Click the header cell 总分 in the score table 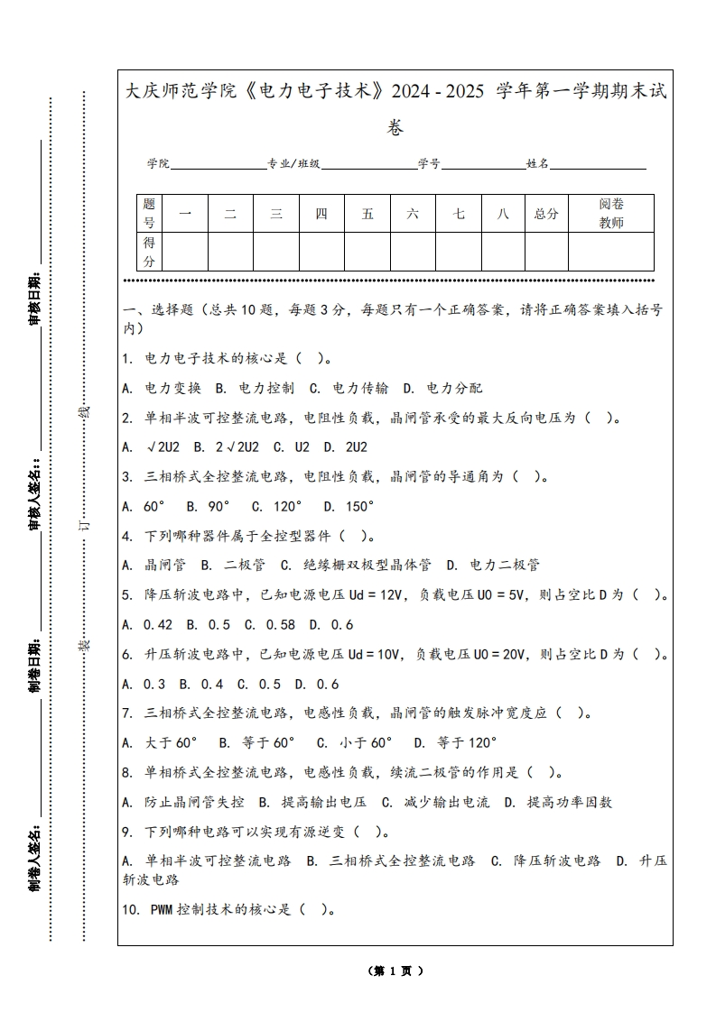[x=546, y=214]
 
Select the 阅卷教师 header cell [x=611, y=214]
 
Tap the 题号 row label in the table [x=150, y=214]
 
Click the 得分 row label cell [x=150, y=252]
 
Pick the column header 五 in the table [x=367, y=214]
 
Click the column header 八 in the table [x=503, y=214]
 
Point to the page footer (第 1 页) [x=395, y=971]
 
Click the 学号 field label [x=429, y=164]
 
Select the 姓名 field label [x=538, y=164]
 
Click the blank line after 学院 [x=218, y=167]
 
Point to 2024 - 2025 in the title [x=439, y=91]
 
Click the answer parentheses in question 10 [x=315, y=910]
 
